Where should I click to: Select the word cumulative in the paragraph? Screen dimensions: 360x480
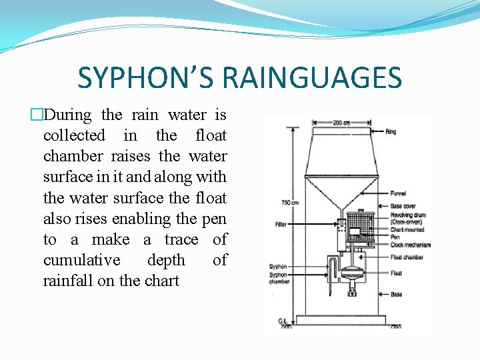(82, 259)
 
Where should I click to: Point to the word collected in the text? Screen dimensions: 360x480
(74, 135)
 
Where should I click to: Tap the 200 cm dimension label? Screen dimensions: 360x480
(342, 123)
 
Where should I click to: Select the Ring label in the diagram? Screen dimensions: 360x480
(391, 132)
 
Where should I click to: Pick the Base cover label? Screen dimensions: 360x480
(403, 206)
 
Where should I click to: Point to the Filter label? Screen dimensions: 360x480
(281, 224)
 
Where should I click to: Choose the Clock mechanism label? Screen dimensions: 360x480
(410, 245)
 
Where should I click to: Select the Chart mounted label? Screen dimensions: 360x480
(407, 230)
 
